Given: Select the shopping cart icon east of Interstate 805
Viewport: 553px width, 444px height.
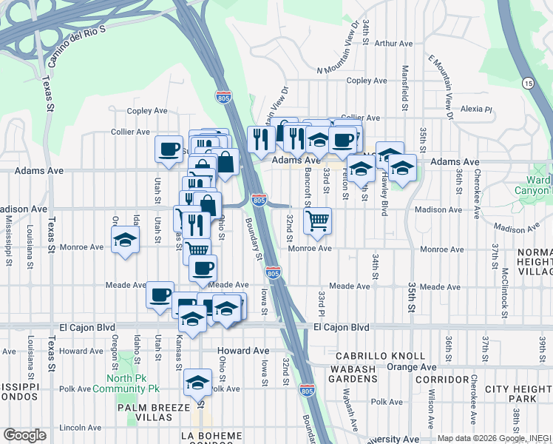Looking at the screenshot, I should coord(317,220).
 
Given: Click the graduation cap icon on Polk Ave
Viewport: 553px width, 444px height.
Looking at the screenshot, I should coord(197,383).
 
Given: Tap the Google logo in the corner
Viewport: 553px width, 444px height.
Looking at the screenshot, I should coord(24,434).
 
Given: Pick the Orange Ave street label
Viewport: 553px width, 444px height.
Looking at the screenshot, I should coord(412,366).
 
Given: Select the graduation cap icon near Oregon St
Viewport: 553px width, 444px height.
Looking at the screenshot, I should coord(125,240).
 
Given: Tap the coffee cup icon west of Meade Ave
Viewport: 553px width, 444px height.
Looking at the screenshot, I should coord(160,295).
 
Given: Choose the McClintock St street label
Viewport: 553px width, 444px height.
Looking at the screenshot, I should coord(503,293).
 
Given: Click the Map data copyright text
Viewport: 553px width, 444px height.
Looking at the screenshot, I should coord(488,438).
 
